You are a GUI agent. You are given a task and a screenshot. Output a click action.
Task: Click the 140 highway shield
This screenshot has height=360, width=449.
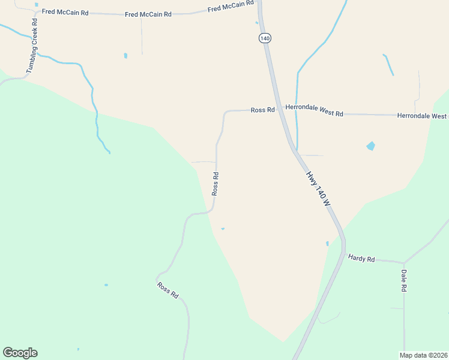click(x=265, y=38)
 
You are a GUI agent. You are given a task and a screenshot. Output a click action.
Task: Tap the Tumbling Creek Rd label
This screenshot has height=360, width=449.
click(x=32, y=46)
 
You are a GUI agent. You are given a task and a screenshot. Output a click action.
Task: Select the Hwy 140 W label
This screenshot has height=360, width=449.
click(x=318, y=188)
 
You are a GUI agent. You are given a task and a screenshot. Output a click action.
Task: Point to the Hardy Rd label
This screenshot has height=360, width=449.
click(x=361, y=259)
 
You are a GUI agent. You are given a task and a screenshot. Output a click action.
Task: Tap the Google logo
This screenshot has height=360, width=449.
click(x=20, y=353)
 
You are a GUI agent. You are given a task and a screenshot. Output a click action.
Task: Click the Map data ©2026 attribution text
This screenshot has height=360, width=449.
click(x=424, y=355)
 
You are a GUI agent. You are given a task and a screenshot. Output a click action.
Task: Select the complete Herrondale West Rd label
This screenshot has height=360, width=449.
click(x=314, y=112)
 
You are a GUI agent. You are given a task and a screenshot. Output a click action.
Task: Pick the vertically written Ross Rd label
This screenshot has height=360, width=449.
click(x=215, y=184)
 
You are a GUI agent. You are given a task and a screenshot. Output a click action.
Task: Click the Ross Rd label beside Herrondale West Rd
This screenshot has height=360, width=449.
click(x=262, y=110)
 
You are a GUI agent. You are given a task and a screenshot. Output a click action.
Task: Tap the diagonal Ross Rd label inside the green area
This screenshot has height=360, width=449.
click(x=168, y=290)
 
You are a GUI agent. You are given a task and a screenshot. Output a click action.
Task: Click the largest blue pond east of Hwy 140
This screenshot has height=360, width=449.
click(x=371, y=146)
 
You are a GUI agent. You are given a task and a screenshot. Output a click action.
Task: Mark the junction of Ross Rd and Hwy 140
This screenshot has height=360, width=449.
click(x=279, y=110)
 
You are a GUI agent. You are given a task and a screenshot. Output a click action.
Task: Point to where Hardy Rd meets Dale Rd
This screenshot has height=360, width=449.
click(x=404, y=263)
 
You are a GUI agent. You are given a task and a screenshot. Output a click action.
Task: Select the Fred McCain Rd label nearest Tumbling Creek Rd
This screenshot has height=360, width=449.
click(x=65, y=11)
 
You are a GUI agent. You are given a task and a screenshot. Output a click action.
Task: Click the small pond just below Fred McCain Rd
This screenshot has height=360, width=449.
click(x=125, y=56)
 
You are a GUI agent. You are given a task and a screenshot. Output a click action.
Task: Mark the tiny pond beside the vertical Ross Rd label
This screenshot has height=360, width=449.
click(x=223, y=229)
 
